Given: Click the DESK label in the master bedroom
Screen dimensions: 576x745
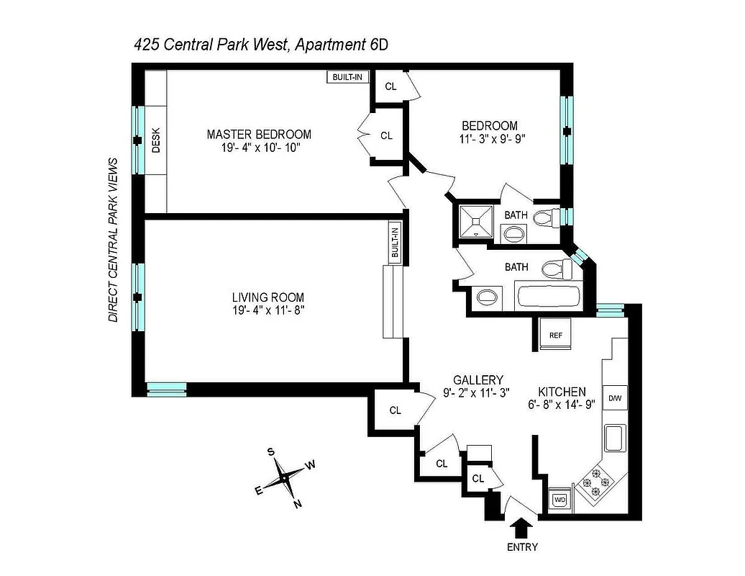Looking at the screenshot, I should coord(156,141).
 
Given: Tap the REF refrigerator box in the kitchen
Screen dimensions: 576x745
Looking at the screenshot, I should coord(555,335).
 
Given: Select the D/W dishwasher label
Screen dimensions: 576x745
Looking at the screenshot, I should coord(615,397).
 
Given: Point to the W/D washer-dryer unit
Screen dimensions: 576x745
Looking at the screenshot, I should coord(561,498).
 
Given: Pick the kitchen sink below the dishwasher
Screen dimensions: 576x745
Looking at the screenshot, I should coord(616,438).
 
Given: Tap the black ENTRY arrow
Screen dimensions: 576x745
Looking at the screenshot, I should coord(522,528).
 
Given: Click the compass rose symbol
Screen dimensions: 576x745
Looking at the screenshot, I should coord(285,476).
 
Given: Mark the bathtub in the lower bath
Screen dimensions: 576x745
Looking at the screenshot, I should coord(548,297).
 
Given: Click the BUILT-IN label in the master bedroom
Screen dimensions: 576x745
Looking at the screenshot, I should coord(347,77).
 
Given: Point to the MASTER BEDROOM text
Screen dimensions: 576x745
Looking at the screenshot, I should coord(259,135).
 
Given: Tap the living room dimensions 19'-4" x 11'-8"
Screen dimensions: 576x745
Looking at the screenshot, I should coord(268,310).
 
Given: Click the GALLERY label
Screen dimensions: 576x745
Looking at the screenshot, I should coord(478,380).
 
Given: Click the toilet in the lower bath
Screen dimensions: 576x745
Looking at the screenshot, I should coord(556,269).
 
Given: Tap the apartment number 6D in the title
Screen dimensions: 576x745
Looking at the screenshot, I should coord(379,44).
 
